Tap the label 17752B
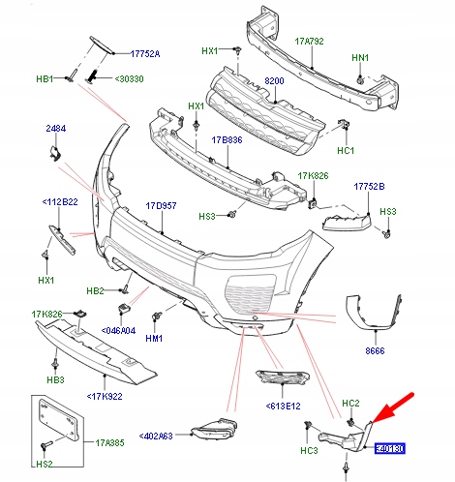click(x=371, y=186)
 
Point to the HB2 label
click(x=95, y=289)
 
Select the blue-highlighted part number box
click(x=390, y=449)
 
